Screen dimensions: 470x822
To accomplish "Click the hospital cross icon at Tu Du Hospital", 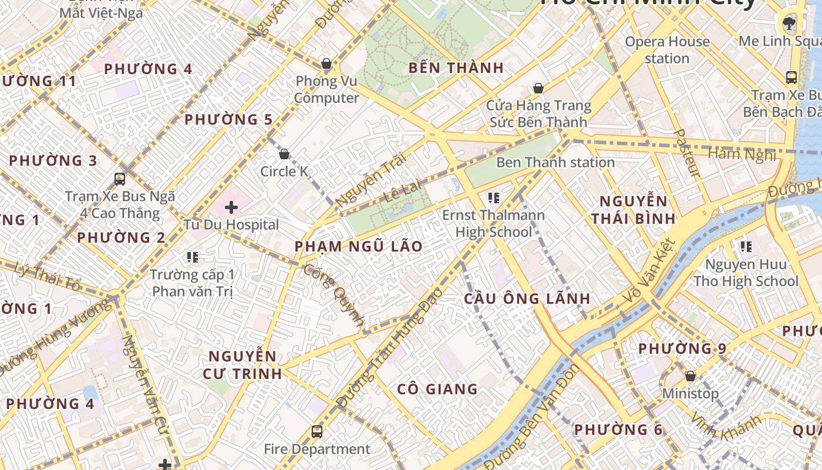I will [x=231, y=207].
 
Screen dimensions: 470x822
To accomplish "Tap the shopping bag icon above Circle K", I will [x=284, y=154].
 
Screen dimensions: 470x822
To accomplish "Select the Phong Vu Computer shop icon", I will [x=326, y=63].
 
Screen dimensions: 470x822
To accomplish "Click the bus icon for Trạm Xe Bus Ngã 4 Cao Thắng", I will [x=120, y=179].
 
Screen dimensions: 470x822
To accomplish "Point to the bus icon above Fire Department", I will [x=317, y=432].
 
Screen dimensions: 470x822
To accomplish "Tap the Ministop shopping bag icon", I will [x=690, y=375].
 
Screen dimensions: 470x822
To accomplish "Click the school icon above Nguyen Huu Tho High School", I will [x=746, y=247].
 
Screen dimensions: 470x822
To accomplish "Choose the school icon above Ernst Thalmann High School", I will [x=493, y=198].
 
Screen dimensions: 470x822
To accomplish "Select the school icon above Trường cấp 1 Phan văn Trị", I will [x=192, y=257].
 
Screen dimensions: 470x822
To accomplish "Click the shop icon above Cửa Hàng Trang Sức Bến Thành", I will [x=538, y=89].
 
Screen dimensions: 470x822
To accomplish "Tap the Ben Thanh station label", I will [x=555, y=162].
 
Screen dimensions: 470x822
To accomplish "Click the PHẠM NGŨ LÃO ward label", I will [x=359, y=246].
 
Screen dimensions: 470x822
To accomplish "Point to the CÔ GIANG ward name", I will [x=437, y=389].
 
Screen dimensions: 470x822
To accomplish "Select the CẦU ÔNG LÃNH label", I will [x=527, y=298].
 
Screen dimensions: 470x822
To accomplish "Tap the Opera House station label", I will [x=667, y=50].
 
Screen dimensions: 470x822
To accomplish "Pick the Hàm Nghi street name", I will [x=742, y=154].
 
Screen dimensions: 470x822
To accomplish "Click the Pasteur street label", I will [x=686, y=153].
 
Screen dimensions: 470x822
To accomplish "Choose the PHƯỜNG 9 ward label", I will [x=682, y=348].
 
